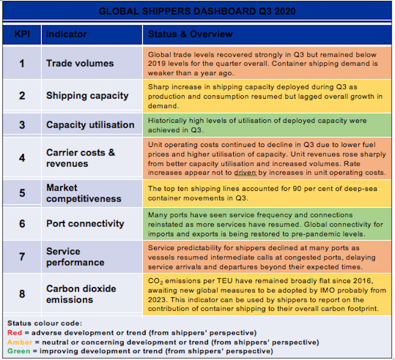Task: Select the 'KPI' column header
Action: pos(22,35)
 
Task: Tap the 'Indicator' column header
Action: pos(66,35)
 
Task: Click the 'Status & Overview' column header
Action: pos(190,35)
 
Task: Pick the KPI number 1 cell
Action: pos(22,63)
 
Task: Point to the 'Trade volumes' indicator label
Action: pos(80,63)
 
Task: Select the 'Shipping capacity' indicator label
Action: pos(87,96)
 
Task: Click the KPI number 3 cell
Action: pos(22,125)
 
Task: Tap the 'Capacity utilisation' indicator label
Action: pos(90,125)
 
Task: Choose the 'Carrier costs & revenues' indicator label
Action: pos(80,158)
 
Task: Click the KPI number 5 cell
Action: pos(22,193)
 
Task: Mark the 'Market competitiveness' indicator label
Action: pos(83,193)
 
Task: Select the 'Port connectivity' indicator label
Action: pos(85,223)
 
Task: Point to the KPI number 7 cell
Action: pos(22,256)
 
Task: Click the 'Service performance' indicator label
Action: pos(75,256)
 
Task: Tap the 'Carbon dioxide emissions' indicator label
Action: pos(81,294)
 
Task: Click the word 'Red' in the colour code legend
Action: pos(15,333)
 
